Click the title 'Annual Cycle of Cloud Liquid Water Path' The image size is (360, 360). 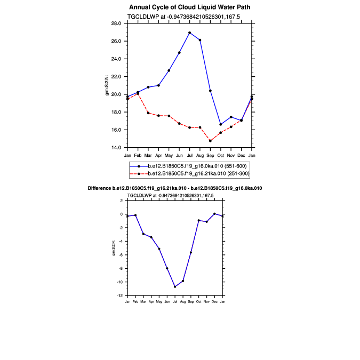click(189, 7)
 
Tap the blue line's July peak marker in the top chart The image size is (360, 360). click(190, 33)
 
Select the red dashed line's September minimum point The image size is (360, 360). click(210, 141)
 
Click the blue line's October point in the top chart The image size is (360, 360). click(221, 124)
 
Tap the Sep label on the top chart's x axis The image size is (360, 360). click(210, 155)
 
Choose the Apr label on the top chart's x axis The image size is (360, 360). click(158, 155)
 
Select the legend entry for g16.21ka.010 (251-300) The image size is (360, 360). click(195, 174)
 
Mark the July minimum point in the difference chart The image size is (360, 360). click(175, 286)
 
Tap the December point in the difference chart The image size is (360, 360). click(214, 213)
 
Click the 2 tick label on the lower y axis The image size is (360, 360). click(122, 201)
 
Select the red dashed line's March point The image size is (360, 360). click(148, 113)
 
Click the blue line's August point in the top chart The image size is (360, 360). click(200, 40)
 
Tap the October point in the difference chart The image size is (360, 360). click(198, 220)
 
